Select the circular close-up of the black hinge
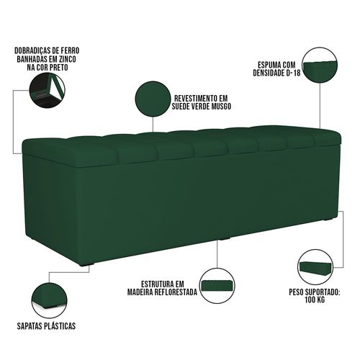[47, 91]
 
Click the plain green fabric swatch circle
[153, 98]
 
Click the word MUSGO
[220, 107]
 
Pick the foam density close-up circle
[320, 65]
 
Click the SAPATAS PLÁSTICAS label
[46, 326]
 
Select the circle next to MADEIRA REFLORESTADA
[217, 286]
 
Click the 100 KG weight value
[315, 300]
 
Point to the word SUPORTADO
[323, 292]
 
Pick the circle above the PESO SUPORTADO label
[316, 267]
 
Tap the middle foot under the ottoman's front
[225, 239]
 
